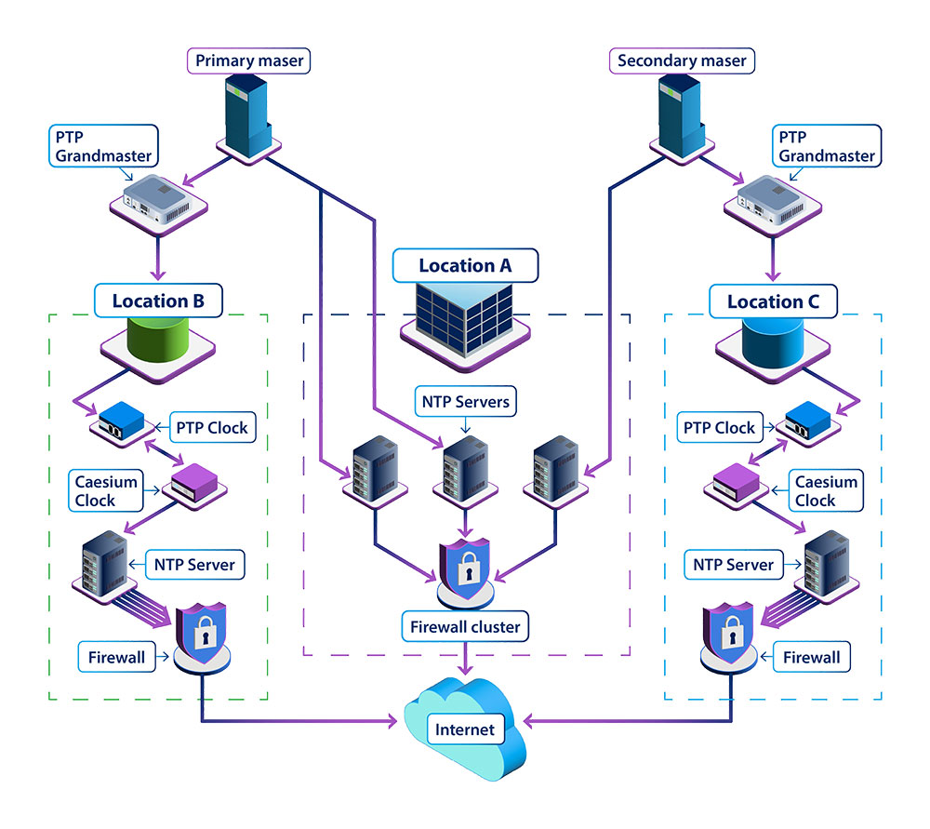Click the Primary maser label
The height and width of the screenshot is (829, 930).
[248, 61]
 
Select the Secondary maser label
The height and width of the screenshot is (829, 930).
[683, 61]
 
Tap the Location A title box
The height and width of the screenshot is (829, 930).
[465, 265]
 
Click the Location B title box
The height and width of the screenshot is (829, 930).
[159, 301]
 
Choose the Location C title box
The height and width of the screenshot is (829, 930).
[772, 301]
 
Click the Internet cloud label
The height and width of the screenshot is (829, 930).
[465, 729]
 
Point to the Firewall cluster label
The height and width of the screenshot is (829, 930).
[465, 627]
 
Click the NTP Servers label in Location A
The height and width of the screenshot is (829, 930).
[464, 403]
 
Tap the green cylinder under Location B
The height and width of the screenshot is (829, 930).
[157, 337]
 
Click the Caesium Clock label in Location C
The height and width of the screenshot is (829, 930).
[827, 491]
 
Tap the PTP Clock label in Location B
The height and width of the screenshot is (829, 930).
[212, 427]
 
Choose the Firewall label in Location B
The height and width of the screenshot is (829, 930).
[117, 658]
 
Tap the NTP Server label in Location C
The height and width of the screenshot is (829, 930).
[734, 564]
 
